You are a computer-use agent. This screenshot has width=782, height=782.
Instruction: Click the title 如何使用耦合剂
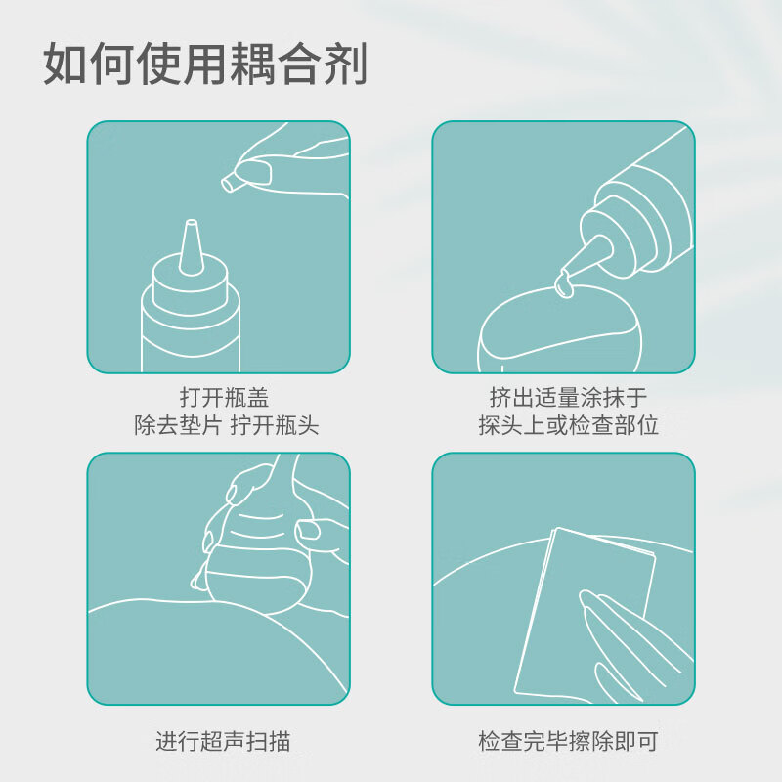point(205,64)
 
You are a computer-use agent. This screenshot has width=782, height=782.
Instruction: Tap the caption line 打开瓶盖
point(224,398)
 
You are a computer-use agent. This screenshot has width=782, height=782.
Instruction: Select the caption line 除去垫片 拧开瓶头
point(226,425)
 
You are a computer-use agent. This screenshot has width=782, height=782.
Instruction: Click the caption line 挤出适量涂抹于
point(568,398)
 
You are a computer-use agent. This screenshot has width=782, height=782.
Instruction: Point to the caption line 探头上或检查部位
point(568,425)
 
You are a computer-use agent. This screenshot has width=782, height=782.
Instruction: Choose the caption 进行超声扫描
point(223,741)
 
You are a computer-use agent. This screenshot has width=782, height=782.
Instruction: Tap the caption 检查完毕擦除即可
point(568,741)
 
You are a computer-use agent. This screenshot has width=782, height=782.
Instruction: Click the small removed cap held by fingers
point(230,181)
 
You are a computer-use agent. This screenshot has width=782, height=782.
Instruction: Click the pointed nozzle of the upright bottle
point(191,247)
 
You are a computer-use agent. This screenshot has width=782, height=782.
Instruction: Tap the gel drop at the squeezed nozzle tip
point(563,283)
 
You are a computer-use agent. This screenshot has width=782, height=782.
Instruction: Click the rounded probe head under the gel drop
point(557,329)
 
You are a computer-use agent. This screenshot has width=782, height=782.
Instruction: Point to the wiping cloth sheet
point(585,614)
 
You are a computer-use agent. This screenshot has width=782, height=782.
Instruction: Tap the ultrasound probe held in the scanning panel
point(260,548)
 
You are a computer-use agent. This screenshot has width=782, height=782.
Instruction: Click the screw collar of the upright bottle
point(190,288)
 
